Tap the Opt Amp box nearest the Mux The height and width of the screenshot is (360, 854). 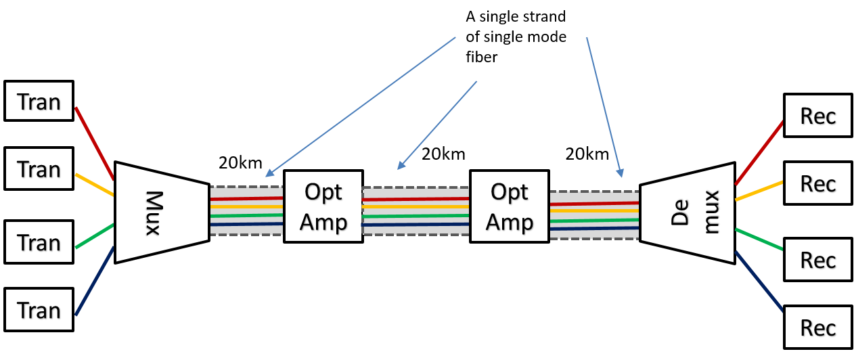click(x=323, y=206)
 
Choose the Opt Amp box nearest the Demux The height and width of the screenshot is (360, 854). click(x=509, y=206)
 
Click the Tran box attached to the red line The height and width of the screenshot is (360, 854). click(x=39, y=102)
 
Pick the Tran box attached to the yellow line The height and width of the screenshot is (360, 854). click(x=39, y=169)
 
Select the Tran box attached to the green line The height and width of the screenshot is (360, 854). click(x=39, y=242)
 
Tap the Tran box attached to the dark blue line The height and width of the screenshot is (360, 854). click(x=39, y=311)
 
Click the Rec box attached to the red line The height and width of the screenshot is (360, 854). click(x=817, y=116)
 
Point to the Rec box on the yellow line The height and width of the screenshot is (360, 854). click(x=817, y=183)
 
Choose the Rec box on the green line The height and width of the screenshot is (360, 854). click(x=817, y=260)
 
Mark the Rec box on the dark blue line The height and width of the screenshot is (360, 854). click(x=817, y=328)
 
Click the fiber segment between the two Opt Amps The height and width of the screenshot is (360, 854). click(x=416, y=212)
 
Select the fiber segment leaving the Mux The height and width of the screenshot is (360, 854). click(x=246, y=211)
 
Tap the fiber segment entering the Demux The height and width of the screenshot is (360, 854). click(x=595, y=216)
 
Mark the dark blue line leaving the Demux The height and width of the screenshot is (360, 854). click(x=759, y=282)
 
